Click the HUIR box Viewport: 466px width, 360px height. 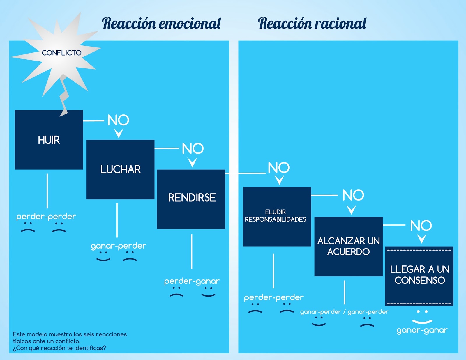(x=49, y=140)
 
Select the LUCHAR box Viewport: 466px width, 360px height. (x=120, y=169)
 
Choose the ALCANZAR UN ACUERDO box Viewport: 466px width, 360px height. (x=348, y=246)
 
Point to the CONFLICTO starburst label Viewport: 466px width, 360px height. (x=61, y=53)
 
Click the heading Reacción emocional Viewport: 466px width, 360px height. (x=161, y=23)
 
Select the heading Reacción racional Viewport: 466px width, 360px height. (x=312, y=23)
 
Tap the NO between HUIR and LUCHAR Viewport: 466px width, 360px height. (x=118, y=120)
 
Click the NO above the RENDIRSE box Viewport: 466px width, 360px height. (x=193, y=148)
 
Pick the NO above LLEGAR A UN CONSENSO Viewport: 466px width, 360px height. (x=421, y=226)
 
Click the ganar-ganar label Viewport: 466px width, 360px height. (x=422, y=330)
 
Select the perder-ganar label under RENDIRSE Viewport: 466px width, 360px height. (x=192, y=281)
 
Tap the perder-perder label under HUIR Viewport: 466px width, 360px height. (x=46, y=217)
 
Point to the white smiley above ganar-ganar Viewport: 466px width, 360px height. (x=422, y=317)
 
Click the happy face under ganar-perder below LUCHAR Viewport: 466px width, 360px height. (x=103, y=256)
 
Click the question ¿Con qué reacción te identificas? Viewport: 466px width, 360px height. (x=59, y=348)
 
